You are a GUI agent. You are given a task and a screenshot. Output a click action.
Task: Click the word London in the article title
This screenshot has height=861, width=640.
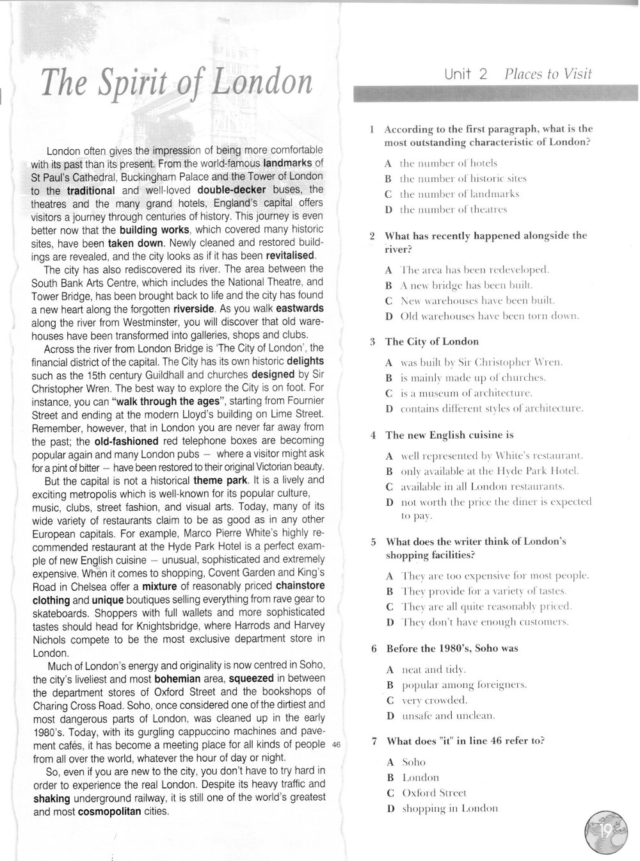coord(262,84)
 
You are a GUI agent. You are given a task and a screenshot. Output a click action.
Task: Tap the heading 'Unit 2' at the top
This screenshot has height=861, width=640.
coord(466,74)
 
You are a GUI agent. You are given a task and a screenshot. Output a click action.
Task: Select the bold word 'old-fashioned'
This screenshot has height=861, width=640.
coord(126,442)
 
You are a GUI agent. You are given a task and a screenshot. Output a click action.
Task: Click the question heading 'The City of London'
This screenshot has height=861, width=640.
coord(432,342)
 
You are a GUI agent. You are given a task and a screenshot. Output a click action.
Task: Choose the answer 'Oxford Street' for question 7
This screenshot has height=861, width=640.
coord(434,793)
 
